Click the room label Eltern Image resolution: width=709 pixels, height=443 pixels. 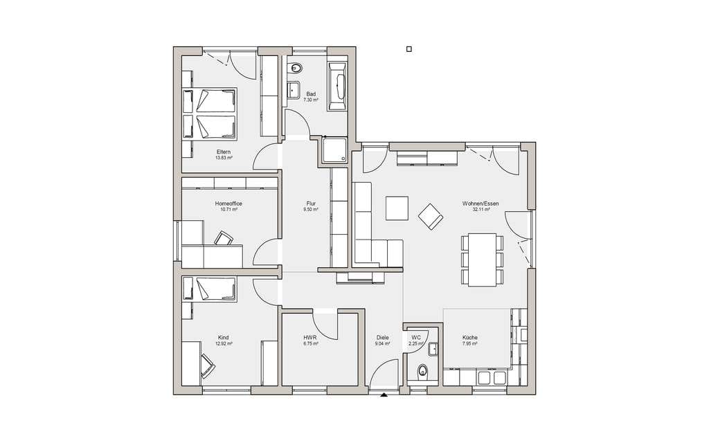(x=224, y=152)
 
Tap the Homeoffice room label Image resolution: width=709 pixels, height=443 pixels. (x=228, y=204)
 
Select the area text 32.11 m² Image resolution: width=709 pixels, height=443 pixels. (x=481, y=210)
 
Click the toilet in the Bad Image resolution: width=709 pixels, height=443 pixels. (x=296, y=68)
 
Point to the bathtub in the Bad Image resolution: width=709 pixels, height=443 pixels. (x=338, y=87)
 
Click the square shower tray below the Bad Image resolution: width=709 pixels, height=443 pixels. (x=334, y=150)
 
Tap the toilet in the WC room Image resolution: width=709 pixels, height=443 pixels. (x=422, y=371)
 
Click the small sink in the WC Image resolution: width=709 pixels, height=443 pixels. (x=433, y=350)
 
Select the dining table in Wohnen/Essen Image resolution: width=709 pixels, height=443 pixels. (x=482, y=260)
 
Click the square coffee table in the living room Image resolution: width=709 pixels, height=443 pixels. (x=397, y=208)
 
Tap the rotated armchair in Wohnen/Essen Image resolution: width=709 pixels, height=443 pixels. (x=431, y=217)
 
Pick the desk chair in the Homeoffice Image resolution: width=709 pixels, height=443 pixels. (x=224, y=238)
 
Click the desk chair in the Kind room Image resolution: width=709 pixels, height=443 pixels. (x=208, y=365)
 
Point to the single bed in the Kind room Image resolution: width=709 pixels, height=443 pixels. (x=209, y=289)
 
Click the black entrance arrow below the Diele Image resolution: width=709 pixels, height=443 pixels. (x=384, y=395)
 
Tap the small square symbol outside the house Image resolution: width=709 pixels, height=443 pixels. (x=409, y=49)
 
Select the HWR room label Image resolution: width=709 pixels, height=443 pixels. (x=310, y=338)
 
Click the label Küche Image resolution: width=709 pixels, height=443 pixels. (x=470, y=338)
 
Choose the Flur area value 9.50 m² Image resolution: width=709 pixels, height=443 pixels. (x=311, y=210)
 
